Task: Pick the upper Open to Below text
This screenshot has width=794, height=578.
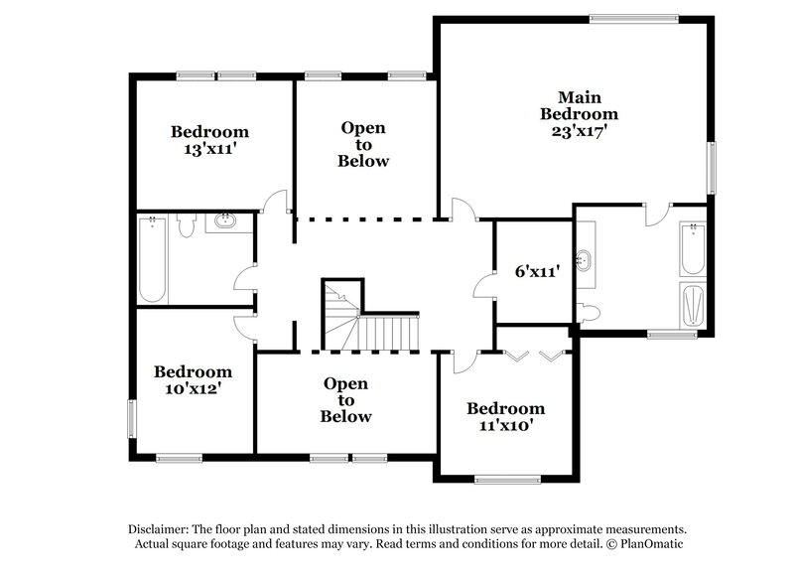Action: tap(363, 144)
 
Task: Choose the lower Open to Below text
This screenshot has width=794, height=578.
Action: tap(345, 400)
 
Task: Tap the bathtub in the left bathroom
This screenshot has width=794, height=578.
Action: tap(152, 262)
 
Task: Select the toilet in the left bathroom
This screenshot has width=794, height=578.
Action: tap(185, 226)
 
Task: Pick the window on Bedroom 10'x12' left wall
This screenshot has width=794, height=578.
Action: tap(130, 417)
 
